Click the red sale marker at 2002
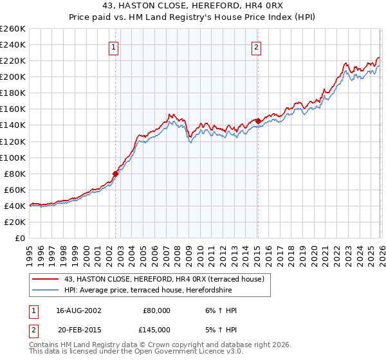tap(116, 173)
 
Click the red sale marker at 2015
tap(257, 121)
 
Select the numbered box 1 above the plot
tap(114, 46)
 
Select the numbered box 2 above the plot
tap(256, 46)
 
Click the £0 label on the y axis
tap(19, 238)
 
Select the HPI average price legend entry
tap(147, 290)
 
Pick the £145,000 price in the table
tap(156, 329)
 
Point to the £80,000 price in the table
tap(156, 310)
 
